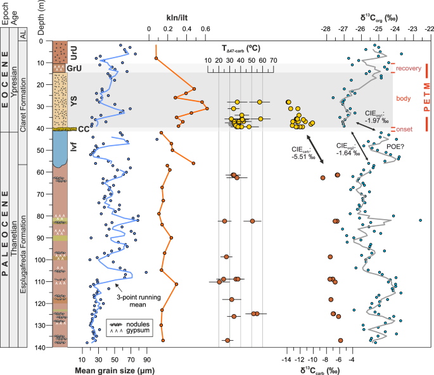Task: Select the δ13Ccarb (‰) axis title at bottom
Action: [322, 369]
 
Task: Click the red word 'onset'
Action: [404, 129]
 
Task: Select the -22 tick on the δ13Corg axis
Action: [429, 29]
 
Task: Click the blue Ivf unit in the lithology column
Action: [61, 149]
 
